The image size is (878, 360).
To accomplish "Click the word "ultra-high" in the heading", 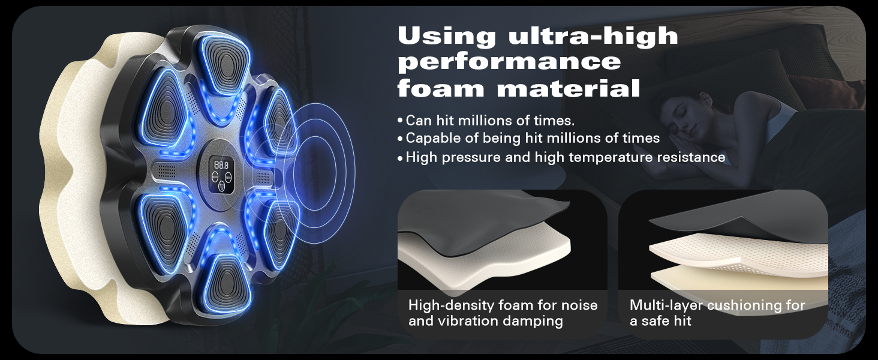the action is (593, 36).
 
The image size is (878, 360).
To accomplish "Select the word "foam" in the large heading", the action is (441, 87).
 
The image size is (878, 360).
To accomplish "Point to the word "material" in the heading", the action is (568, 88).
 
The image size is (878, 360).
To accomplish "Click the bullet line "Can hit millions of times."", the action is (490, 121).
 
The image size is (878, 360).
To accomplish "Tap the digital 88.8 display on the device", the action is (221, 165).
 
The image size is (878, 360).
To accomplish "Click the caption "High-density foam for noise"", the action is (503, 305).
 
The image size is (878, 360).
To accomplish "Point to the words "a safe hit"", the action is (660, 321).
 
